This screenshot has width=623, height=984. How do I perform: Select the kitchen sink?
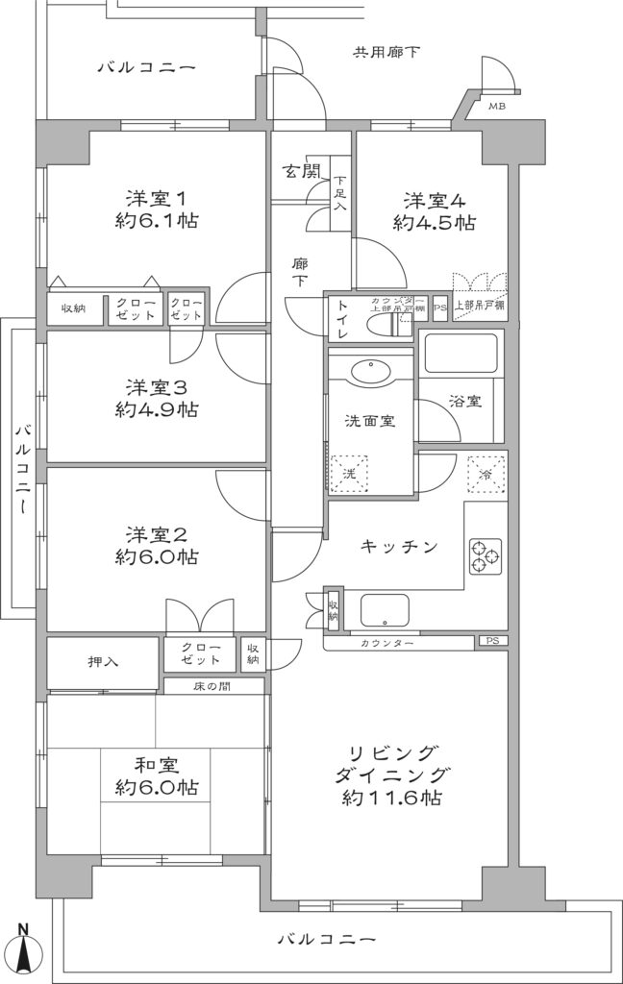coord(385,610)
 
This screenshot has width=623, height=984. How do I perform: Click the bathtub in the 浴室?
coord(460,353)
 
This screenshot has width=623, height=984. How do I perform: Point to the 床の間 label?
coord(213,686)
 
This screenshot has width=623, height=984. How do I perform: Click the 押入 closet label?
coord(103,663)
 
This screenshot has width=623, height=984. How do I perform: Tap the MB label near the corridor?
coord(498,107)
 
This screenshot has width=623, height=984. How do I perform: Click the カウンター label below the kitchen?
coord(388,641)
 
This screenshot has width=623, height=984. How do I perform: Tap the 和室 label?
coord(157,765)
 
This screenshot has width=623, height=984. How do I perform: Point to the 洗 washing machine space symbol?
coord(350,474)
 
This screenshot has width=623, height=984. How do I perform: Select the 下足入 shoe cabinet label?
coord(340,193)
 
